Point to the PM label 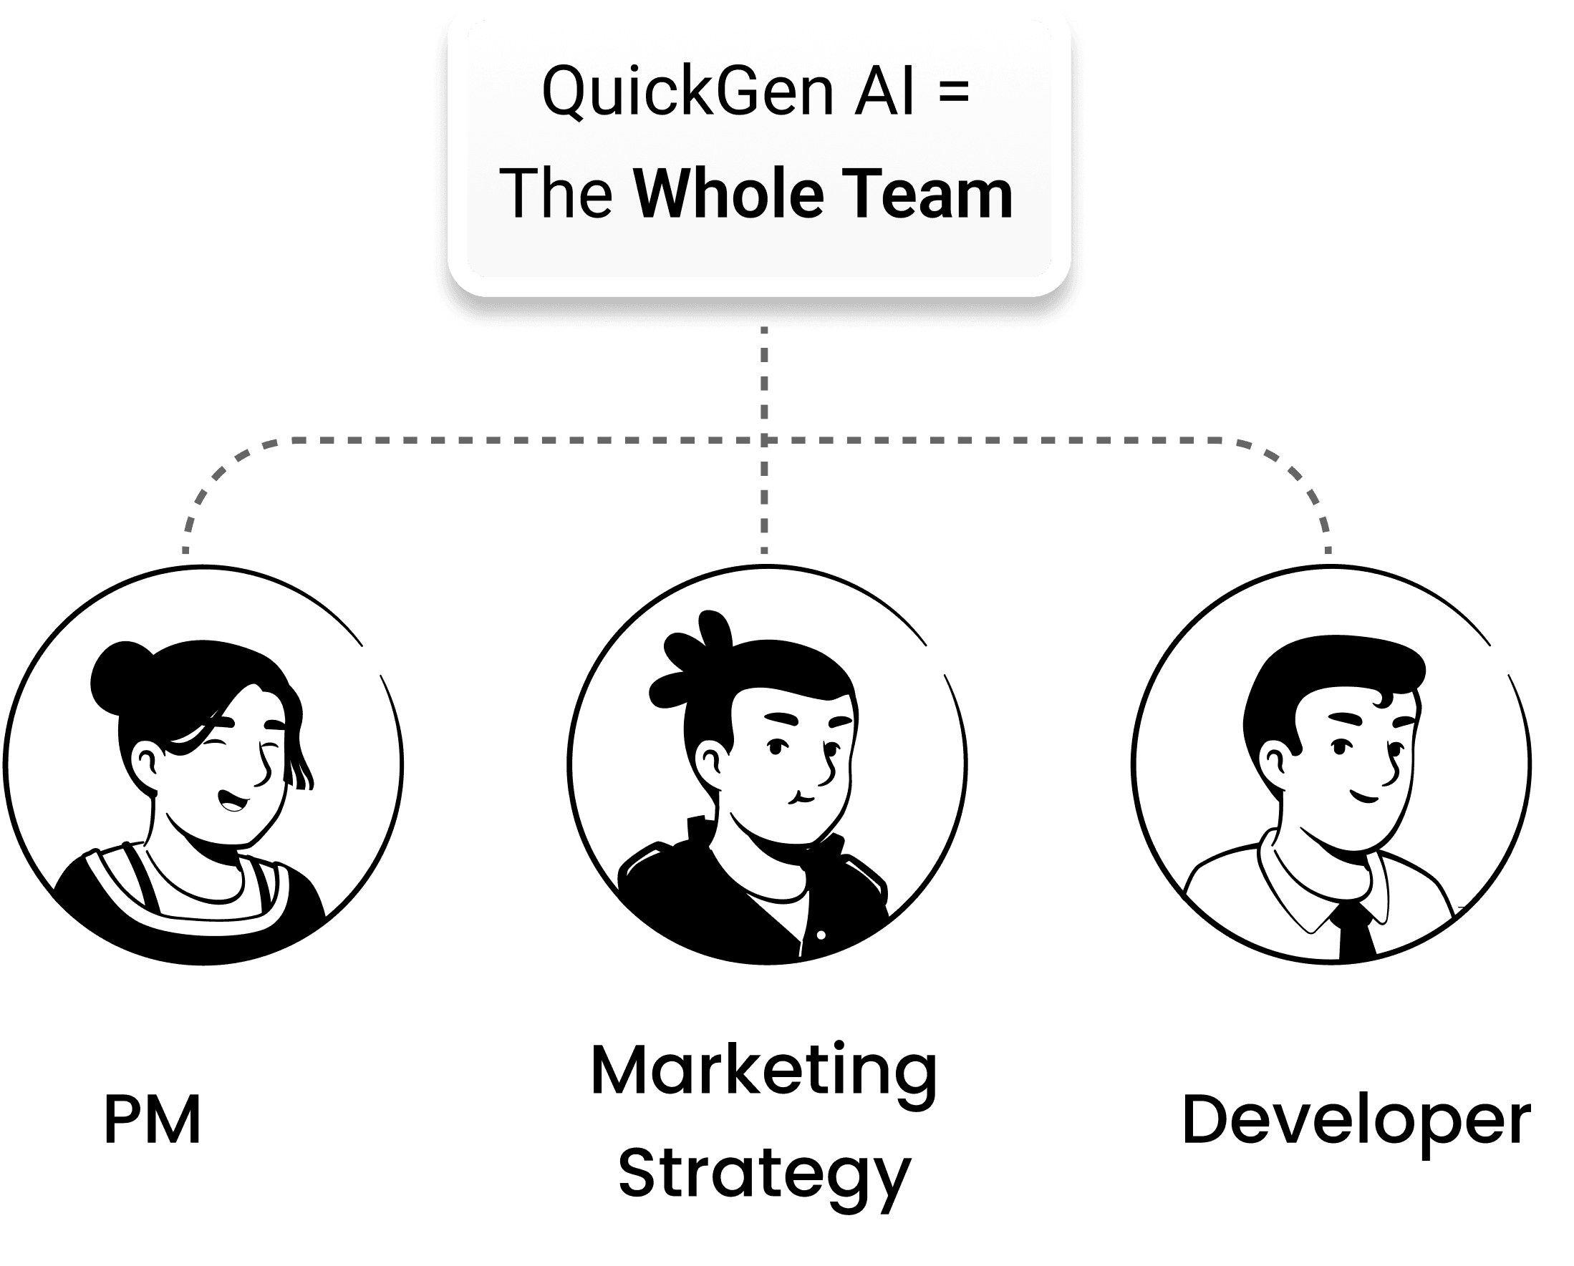pyautogui.click(x=152, y=1120)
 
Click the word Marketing pyautogui.click(x=763, y=1071)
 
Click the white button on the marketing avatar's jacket pyautogui.click(x=821, y=935)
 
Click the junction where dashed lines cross pyautogui.click(x=764, y=441)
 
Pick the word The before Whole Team pyautogui.click(x=556, y=194)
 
